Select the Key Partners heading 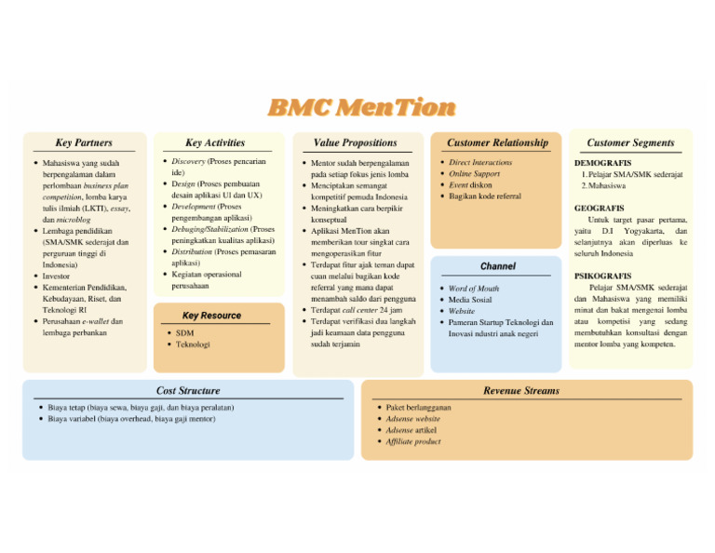click(x=84, y=142)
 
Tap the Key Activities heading click(x=215, y=142)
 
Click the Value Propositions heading click(x=355, y=142)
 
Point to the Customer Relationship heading click(x=497, y=142)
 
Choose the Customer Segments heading click(x=630, y=142)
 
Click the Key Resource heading click(x=212, y=316)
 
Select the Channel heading click(x=497, y=266)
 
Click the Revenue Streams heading click(x=521, y=391)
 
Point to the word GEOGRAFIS click(x=600, y=209)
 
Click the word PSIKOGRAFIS click(x=603, y=276)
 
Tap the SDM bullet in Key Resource click(x=184, y=332)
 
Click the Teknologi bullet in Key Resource click(x=193, y=344)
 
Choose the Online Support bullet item click(x=474, y=174)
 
